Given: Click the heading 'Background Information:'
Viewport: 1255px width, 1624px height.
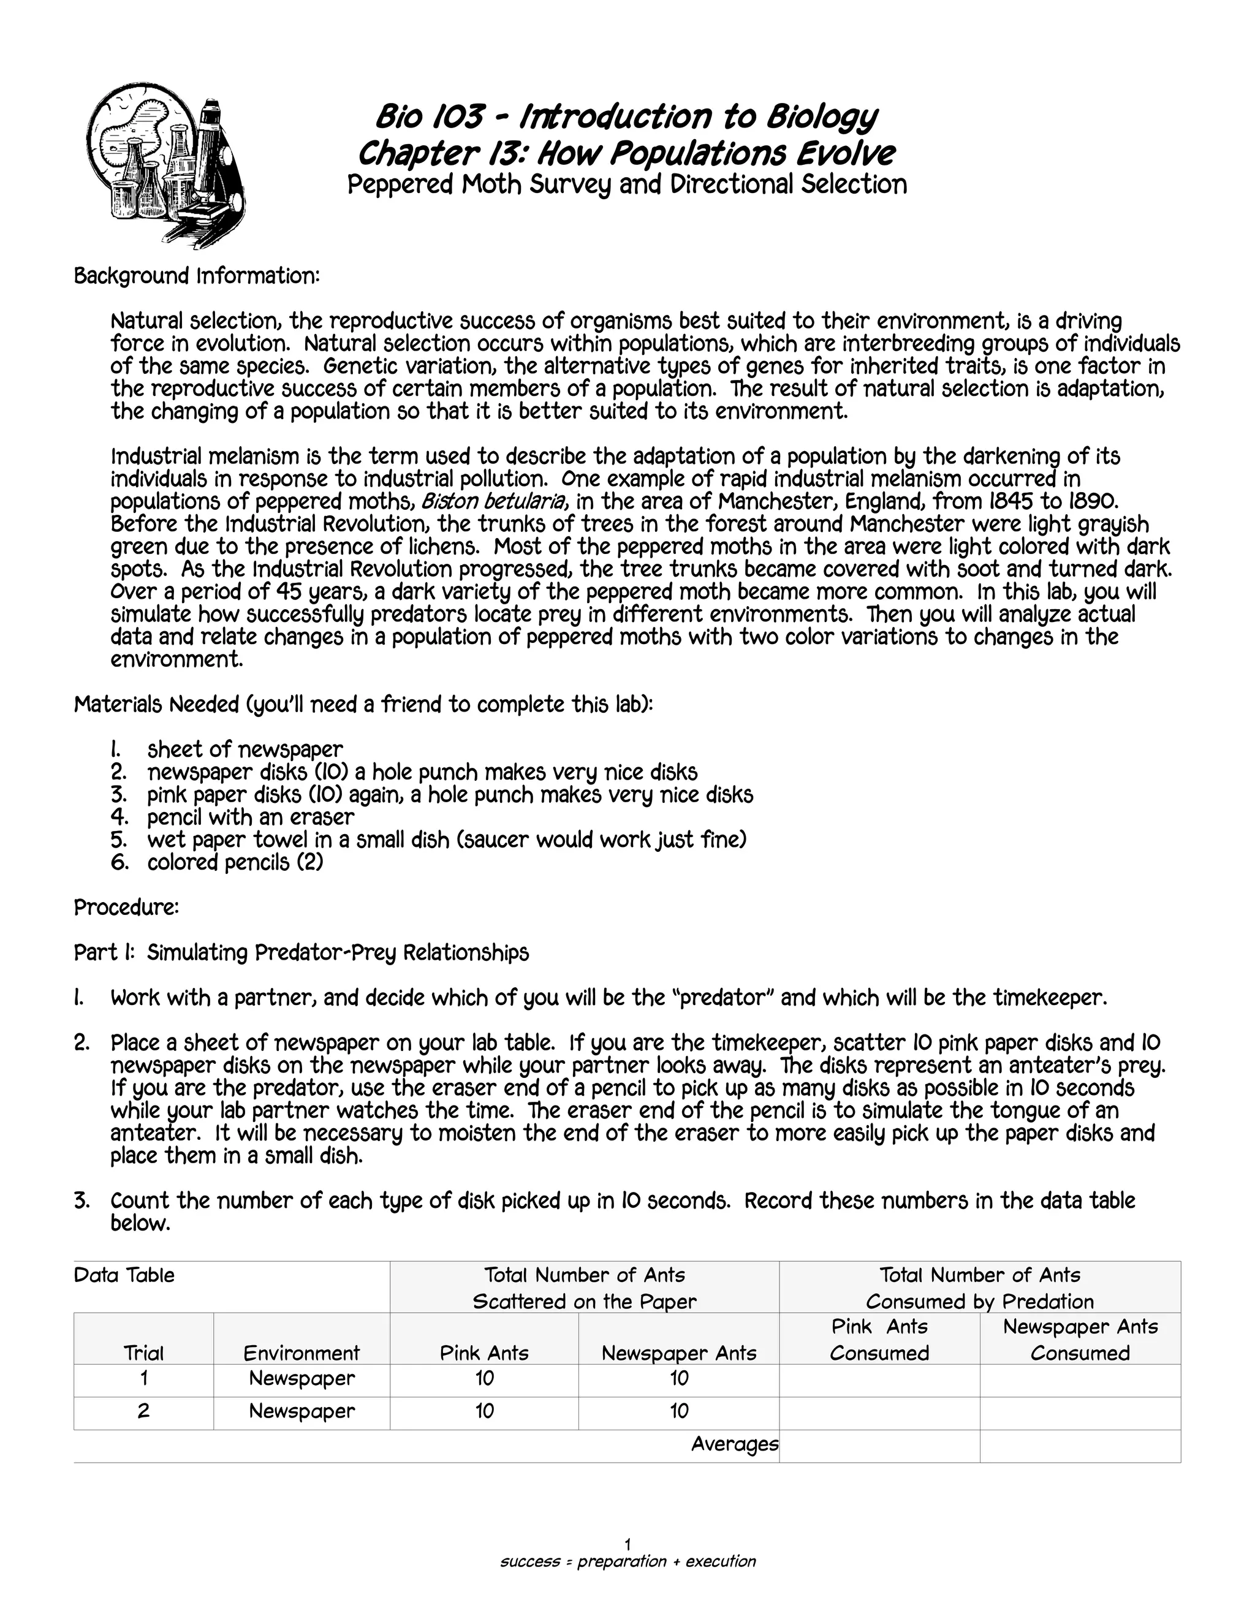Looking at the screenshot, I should [196, 276].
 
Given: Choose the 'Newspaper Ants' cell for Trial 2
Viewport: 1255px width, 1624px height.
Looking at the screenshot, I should [678, 1411].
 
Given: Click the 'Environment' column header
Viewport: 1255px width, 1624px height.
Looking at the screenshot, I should [301, 1353].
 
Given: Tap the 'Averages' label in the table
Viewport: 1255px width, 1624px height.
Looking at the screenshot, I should [734, 1444].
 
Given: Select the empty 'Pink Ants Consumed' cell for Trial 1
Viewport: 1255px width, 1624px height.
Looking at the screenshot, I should [879, 1380].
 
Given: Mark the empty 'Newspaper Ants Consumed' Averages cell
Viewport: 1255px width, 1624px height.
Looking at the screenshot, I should [1080, 1446].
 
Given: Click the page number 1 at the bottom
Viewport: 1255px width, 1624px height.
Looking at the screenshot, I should [627, 1545].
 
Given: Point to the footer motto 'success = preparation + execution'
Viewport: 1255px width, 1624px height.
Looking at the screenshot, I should [627, 1561].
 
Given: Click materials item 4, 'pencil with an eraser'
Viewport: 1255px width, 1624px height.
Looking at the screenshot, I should [250, 817].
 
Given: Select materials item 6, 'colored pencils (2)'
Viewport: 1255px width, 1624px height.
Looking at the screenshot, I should [235, 863].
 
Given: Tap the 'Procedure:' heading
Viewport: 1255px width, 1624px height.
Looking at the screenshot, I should [126, 908].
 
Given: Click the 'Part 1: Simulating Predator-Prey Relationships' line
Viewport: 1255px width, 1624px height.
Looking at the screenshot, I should [301, 954].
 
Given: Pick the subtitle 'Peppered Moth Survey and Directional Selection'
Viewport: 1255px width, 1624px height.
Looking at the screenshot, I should [627, 184].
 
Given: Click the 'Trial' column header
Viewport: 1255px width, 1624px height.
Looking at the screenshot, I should [143, 1353].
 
